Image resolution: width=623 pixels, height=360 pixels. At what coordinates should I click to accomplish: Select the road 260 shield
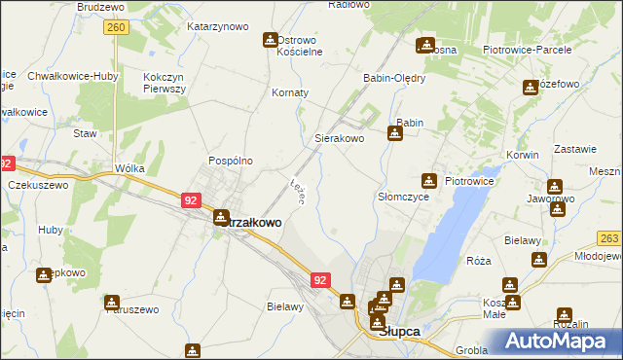[116, 28]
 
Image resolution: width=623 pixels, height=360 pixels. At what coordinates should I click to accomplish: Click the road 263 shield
[610, 238]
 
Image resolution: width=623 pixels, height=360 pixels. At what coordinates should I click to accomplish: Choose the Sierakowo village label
[339, 139]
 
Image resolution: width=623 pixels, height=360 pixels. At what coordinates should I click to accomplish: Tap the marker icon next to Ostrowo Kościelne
[270, 40]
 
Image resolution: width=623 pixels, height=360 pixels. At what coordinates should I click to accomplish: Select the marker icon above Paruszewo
[113, 303]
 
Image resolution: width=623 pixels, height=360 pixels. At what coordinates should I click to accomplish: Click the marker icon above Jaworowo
[555, 186]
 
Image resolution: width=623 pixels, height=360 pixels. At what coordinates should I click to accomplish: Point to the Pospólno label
[231, 161]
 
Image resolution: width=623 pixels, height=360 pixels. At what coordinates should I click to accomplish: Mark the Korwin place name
[523, 155]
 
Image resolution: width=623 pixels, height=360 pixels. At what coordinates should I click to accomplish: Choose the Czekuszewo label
[38, 185]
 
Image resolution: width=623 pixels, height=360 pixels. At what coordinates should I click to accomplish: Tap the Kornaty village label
[290, 92]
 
